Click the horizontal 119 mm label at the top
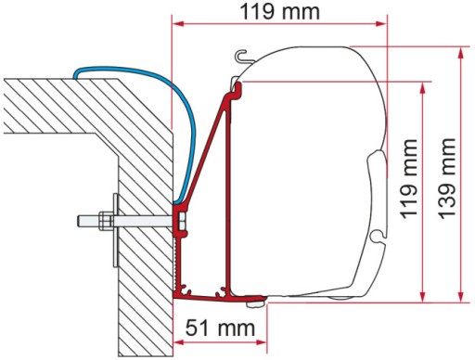tap(278, 13)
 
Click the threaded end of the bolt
tap(82, 222)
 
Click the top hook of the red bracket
tap(237, 87)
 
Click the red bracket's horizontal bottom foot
tap(223, 297)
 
